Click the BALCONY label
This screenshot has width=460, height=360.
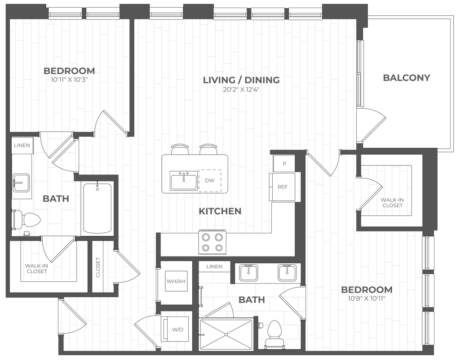tap(407, 78)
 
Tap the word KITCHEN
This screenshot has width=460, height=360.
tap(221, 211)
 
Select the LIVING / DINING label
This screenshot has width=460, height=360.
tap(242, 80)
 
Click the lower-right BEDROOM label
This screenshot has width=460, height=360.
tap(366, 290)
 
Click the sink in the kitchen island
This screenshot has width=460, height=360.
tap(183, 180)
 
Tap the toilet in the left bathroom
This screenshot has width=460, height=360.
tap(28, 221)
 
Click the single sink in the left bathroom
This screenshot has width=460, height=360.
tap(21, 183)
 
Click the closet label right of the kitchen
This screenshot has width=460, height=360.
tap(391, 202)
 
